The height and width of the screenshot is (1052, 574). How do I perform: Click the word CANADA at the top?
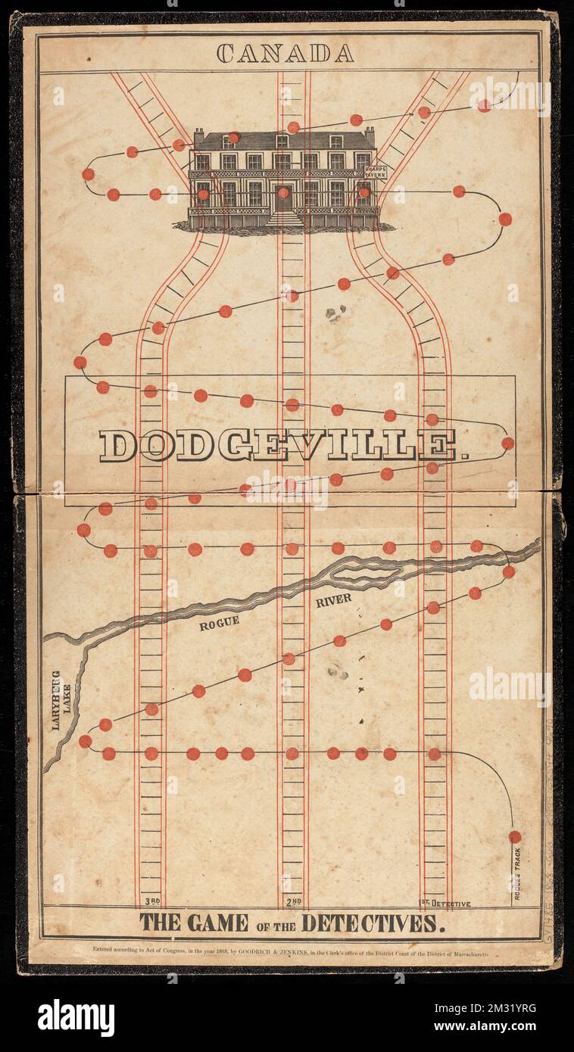click(x=285, y=53)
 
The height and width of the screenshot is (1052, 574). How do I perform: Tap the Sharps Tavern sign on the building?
click(x=375, y=171)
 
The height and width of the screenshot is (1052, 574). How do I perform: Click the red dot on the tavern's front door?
click(x=283, y=192)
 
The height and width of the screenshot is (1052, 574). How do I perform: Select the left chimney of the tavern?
click(x=198, y=137)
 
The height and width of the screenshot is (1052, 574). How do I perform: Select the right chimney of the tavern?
click(x=370, y=136)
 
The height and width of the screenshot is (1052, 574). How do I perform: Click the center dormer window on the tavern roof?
click(x=282, y=142)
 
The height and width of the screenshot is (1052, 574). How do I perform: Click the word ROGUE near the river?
click(x=220, y=623)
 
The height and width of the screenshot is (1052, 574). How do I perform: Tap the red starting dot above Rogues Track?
click(x=515, y=836)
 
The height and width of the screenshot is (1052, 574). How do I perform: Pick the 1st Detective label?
click(x=445, y=903)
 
